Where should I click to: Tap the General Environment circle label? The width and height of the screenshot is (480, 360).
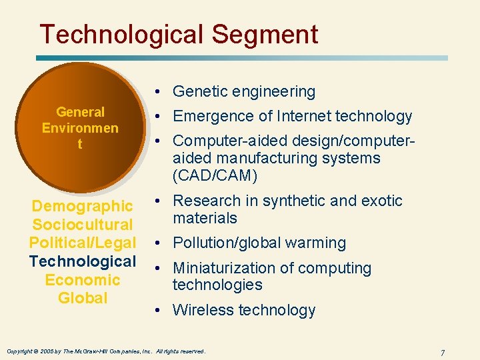click(80, 127)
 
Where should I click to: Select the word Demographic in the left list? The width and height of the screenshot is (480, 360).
click(83, 206)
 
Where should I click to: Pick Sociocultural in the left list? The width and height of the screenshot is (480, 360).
click(83, 225)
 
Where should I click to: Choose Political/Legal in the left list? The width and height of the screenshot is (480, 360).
click(83, 243)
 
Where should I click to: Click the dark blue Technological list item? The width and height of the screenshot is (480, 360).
click(83, 261)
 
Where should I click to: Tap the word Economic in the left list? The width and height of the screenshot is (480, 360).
click(83, 280)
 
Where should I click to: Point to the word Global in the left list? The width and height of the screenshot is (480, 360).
click(83, 298)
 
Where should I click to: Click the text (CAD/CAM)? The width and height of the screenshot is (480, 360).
click(215, 175)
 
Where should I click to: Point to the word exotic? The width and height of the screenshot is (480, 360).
click(382, 201)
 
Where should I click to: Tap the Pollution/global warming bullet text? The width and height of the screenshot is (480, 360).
click(259, 243)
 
